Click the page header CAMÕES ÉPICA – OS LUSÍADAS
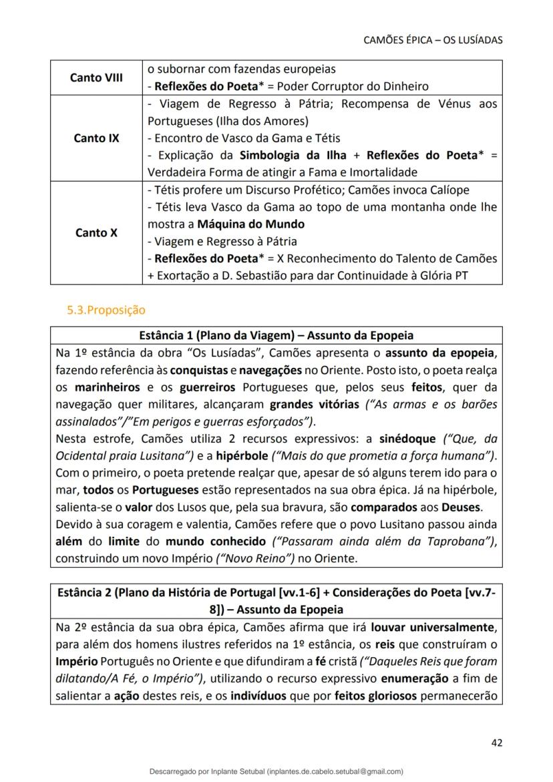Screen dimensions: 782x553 point(433,40)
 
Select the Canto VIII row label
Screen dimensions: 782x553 point(96,77)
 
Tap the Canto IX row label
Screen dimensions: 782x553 point(96,138)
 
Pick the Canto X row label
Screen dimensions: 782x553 point(96,233)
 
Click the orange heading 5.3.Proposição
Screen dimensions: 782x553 point(106,310)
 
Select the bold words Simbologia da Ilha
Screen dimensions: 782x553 point(286,156)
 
